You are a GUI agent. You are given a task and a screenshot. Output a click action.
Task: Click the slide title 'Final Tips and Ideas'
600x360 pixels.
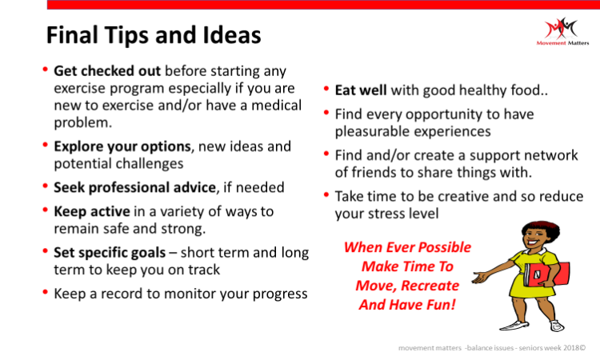pos(154,35)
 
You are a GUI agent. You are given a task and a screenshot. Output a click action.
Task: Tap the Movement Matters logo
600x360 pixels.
pos(562,31)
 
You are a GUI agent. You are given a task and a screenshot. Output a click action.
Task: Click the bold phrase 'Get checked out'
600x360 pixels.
pos(107,70)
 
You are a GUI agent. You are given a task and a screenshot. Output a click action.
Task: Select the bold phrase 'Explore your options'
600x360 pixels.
pos(122,146)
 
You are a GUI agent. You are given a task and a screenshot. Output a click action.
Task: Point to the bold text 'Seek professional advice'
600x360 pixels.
pos(134,187)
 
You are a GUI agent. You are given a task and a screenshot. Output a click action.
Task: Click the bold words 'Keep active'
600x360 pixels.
pos(92,211)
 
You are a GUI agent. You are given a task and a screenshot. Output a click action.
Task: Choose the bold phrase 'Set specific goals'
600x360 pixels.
pos(110,253)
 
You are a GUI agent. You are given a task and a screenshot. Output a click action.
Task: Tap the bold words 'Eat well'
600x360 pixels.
pos(361,90)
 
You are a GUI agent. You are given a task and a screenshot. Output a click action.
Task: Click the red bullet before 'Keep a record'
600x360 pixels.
pos(46,292)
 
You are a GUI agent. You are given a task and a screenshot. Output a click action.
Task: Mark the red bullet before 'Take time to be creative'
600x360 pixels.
pos(326,194)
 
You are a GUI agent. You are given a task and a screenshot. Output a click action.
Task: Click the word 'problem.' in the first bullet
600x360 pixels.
pos(83,122)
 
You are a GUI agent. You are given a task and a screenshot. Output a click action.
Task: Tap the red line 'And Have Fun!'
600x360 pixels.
pos(407,305)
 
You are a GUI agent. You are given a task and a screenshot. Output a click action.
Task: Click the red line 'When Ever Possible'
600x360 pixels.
pos(407,247)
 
